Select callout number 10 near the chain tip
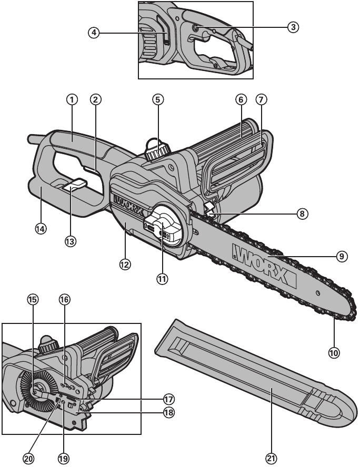[x=334, y=352]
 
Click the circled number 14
[x=40, y=229]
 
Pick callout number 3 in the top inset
[x=294, y=26]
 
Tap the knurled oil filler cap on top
[x=155, y=152]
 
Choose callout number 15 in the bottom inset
[x=33, y=299]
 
